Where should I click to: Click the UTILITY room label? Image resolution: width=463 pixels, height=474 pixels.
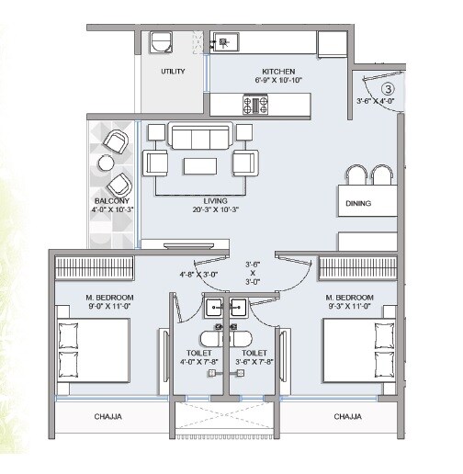pos(173,71)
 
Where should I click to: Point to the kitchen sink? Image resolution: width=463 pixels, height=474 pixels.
pos(223,40)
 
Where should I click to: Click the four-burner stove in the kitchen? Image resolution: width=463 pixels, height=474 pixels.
pos(255,105)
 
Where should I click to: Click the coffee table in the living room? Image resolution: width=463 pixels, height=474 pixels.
pos(200,166)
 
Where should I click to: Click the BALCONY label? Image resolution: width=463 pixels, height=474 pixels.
pos(111,199)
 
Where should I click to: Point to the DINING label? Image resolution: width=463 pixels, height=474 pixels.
pos(357,203)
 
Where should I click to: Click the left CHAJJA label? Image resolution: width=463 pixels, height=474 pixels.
pos(110,416)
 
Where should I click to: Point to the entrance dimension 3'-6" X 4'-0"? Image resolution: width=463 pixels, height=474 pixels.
pos(375,102)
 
